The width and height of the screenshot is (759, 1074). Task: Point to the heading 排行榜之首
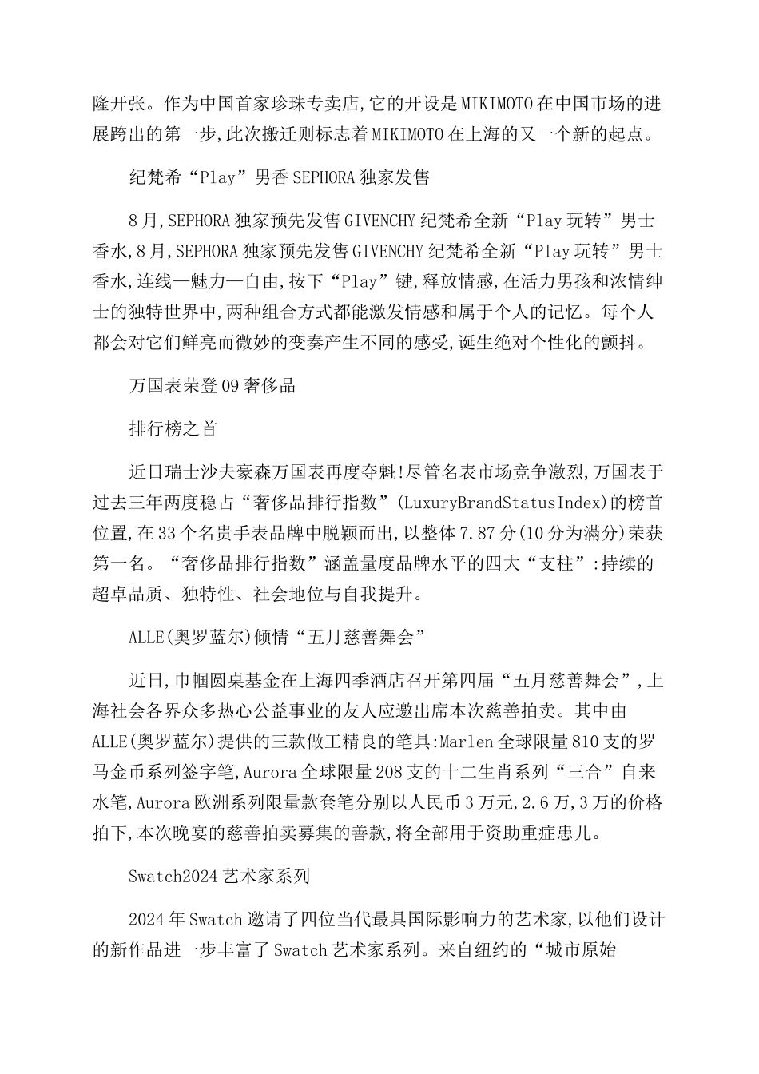pos(173,428)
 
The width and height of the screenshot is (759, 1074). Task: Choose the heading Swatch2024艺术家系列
pos(219,876)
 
